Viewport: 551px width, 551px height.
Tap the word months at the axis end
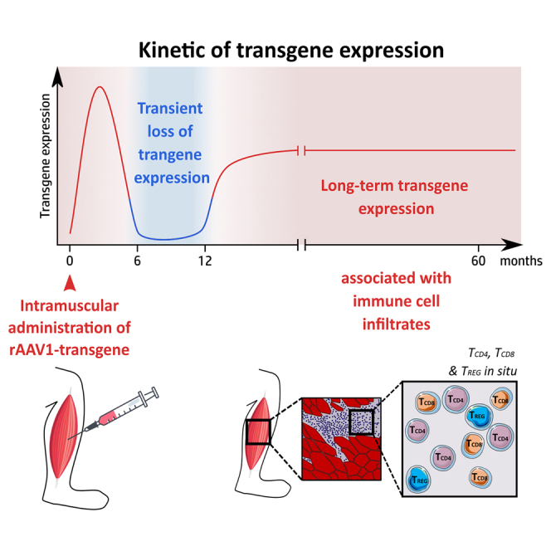[521, 261]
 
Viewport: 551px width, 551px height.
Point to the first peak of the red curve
[100, 86]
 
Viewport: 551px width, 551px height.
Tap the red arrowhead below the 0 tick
[70, 284]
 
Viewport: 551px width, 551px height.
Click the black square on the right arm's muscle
[258, 432]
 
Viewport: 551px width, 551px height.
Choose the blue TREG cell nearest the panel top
[478, 417]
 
